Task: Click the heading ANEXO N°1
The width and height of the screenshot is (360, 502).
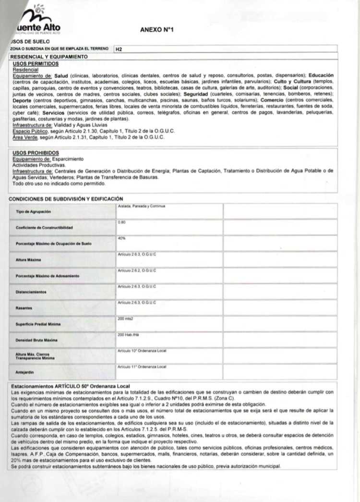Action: (156, 30)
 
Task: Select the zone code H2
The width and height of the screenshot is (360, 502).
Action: (119, 49)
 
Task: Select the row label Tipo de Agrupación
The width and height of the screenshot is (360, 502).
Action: (33, 211)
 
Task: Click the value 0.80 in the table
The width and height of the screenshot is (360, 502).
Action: (120, 222)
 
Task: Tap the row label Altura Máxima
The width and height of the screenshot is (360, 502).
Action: (28, 260)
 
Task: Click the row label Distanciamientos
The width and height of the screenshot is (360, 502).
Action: (31, 292)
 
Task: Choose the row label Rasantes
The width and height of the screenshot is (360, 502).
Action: (24, 307)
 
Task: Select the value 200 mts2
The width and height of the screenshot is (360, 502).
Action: (125, 318)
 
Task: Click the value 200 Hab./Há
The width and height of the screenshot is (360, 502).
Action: (127, 335)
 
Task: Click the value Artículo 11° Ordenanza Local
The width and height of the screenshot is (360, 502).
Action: (142, 367)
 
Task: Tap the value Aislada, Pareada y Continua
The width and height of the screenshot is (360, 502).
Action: (141, 206)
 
